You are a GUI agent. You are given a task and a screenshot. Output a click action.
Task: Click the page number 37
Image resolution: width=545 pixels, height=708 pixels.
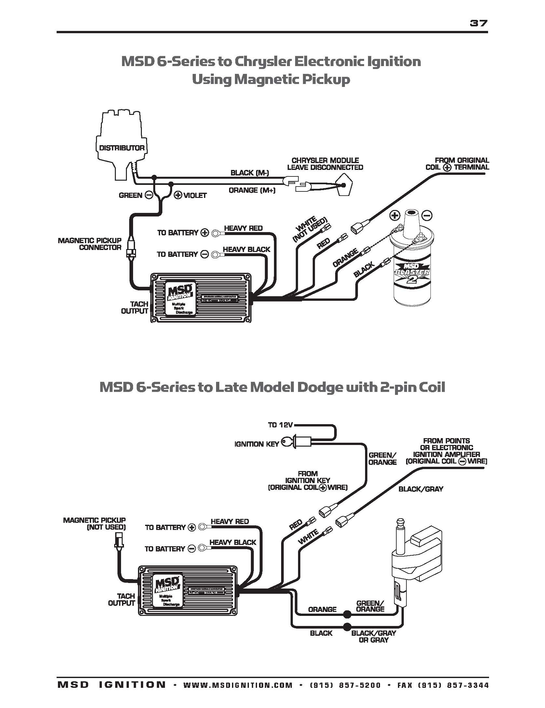tap(479, 23)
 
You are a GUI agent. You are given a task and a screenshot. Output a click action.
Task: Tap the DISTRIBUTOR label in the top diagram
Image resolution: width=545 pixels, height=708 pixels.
tap(122, 148)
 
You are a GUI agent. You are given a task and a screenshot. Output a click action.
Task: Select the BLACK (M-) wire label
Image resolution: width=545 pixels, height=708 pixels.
tap(250, 173)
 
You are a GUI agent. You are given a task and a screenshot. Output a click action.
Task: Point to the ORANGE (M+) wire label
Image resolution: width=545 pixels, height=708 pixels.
tap(252, 190)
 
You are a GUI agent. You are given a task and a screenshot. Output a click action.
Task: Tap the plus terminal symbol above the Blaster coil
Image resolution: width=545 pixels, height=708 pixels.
tap(395, 215)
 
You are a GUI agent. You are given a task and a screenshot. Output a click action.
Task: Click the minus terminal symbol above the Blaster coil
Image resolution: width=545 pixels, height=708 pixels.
tap(428, 215)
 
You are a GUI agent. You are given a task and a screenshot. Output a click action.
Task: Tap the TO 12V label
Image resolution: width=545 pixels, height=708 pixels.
tap(280, 425)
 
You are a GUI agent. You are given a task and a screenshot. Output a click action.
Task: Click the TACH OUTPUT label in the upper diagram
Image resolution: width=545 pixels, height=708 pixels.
tap(135, 307)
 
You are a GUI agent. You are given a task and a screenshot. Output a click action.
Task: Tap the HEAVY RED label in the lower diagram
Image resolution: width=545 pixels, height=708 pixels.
tap(229, 521)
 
